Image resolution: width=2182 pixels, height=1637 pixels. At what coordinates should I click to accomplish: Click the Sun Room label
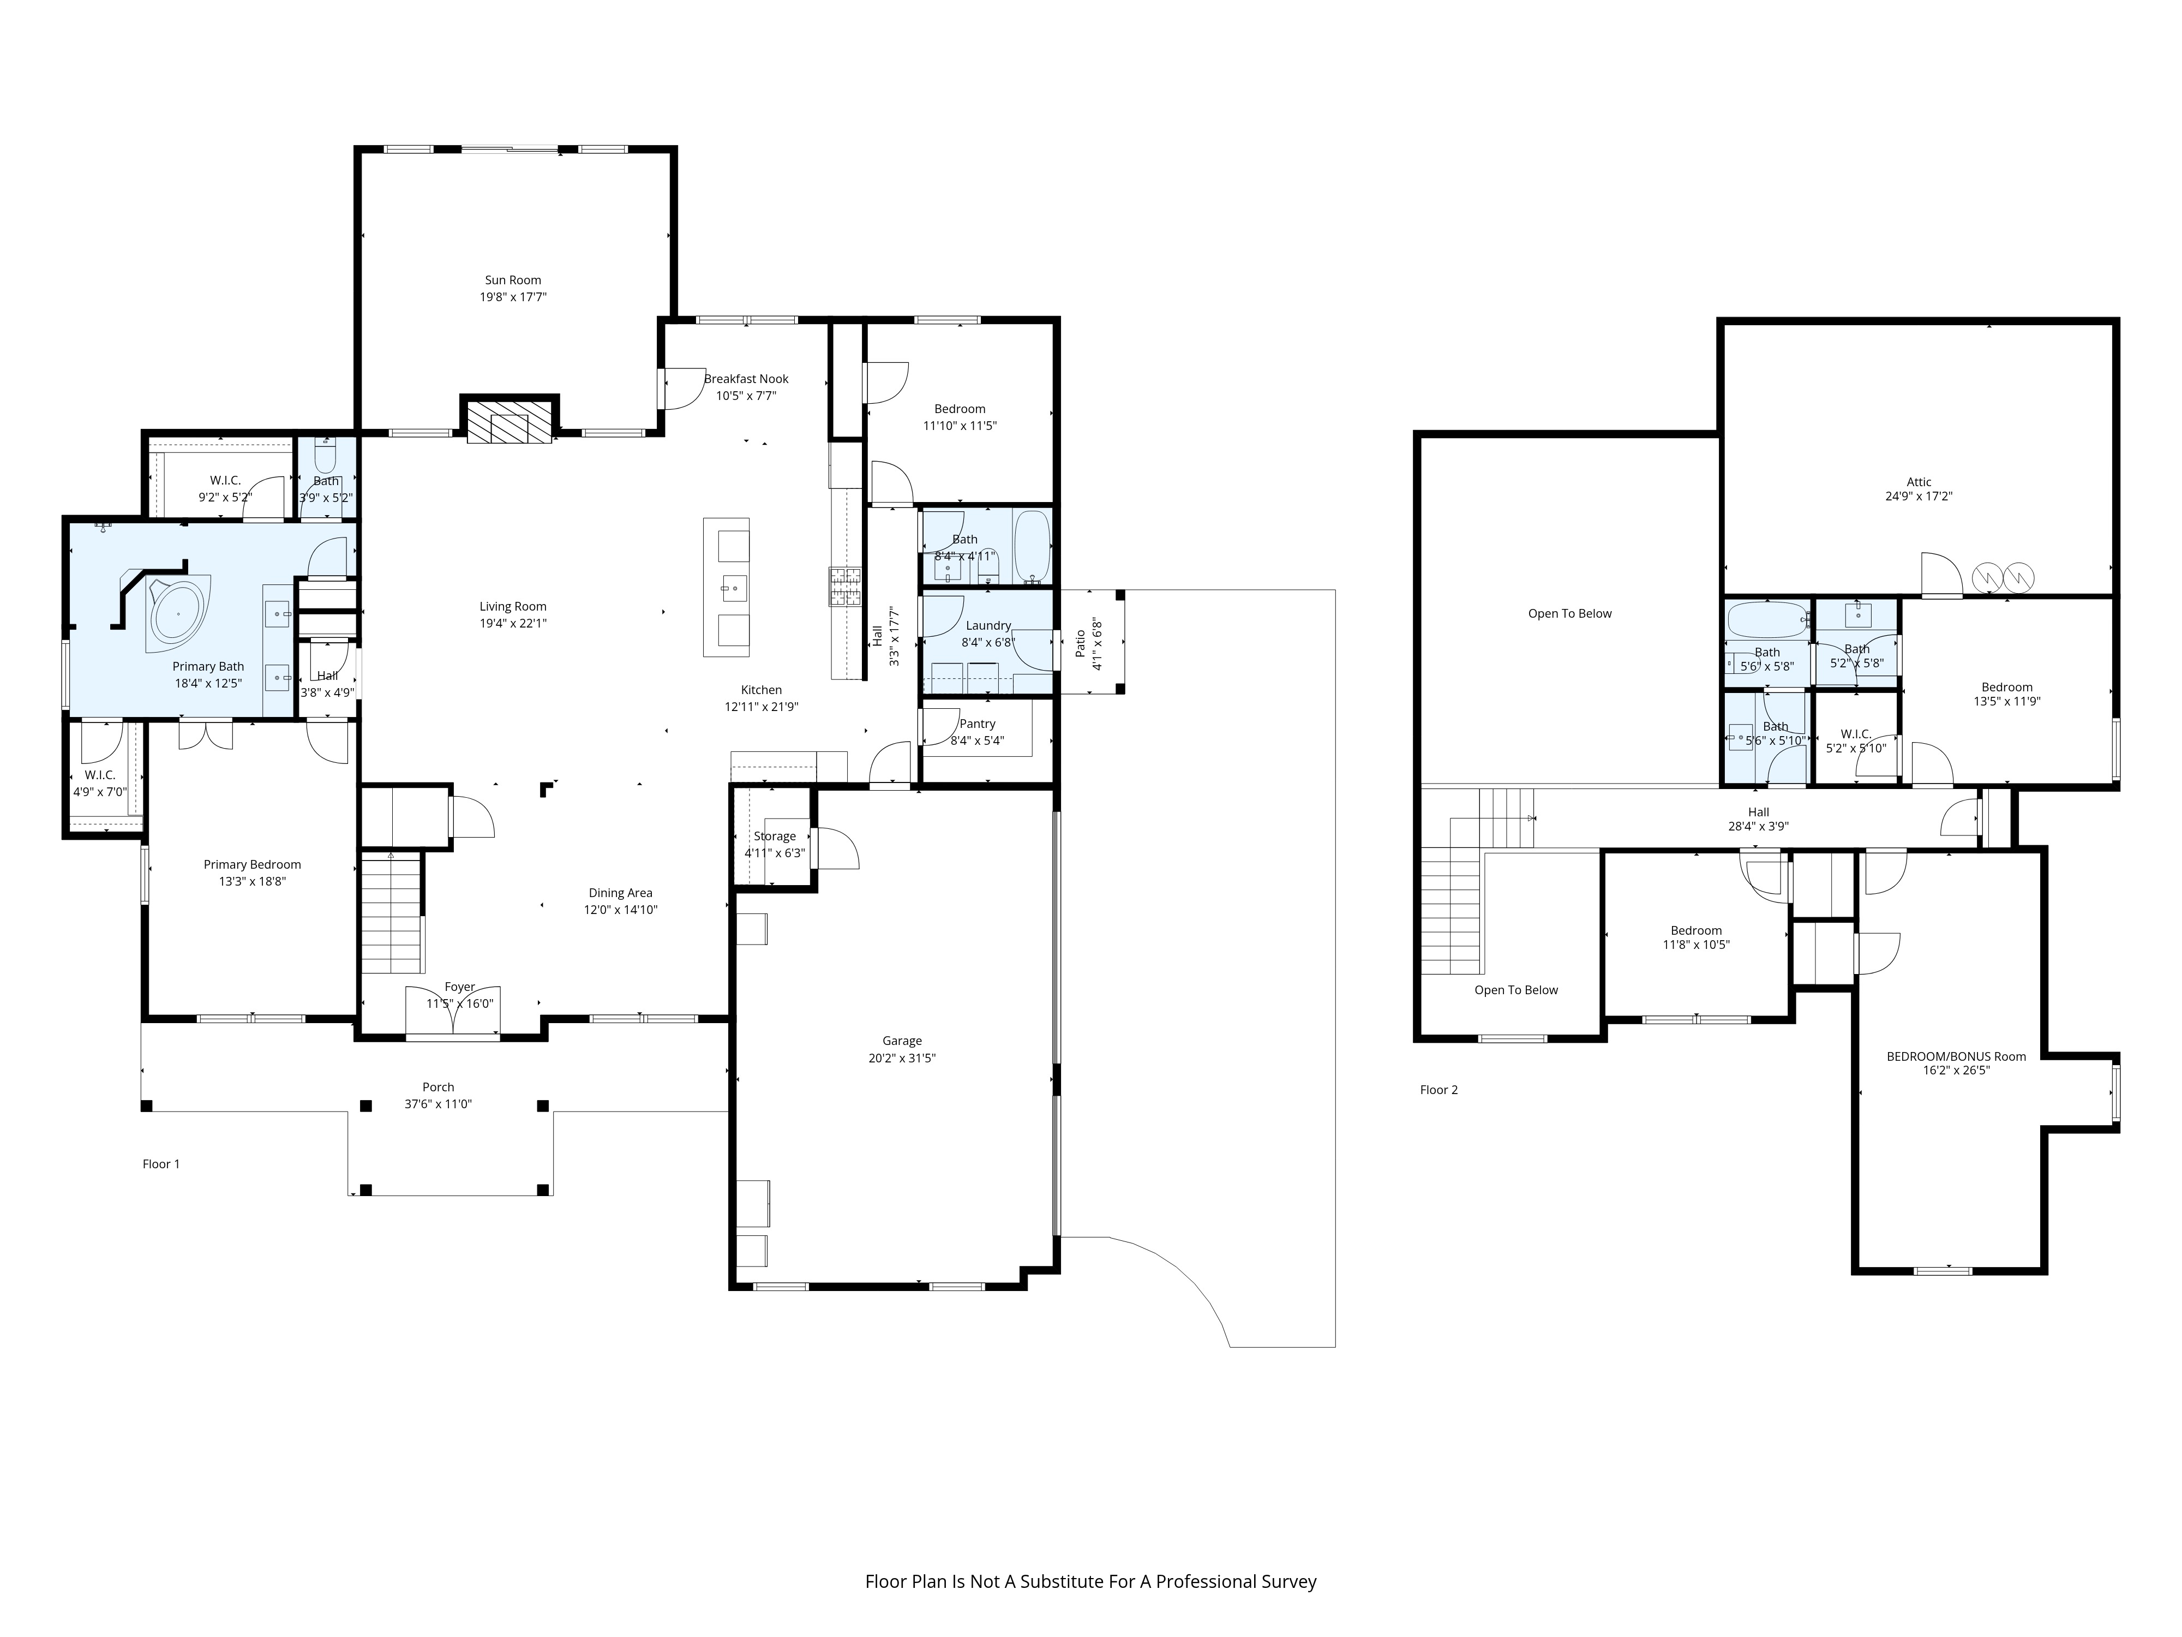(x=513, y=280)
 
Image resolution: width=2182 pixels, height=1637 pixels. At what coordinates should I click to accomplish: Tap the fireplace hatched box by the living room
(x=509, y=422)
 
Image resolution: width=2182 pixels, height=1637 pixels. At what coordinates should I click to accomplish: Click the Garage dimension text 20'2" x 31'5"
(x=902, y=1058)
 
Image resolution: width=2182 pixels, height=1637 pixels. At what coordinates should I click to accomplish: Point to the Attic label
(x=1919, y=482)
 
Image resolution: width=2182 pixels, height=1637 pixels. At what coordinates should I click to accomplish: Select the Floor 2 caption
(x=1438, y=1090)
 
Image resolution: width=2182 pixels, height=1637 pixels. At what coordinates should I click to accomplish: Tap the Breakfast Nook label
(x=747, y=379)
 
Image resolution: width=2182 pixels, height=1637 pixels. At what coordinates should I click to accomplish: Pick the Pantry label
(x=978, y=724)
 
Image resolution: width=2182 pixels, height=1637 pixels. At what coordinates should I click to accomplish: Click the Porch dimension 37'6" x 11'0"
(x=438, y=1104)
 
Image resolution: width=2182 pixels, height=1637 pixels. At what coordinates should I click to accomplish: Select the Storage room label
(x=775, y=837)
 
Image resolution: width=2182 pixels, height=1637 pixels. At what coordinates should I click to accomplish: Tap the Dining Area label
(x=620, y=893)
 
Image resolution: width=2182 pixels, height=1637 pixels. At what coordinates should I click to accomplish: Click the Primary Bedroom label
(x=253, y=864)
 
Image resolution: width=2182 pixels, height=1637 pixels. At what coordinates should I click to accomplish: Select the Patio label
(x=1080, y=643)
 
